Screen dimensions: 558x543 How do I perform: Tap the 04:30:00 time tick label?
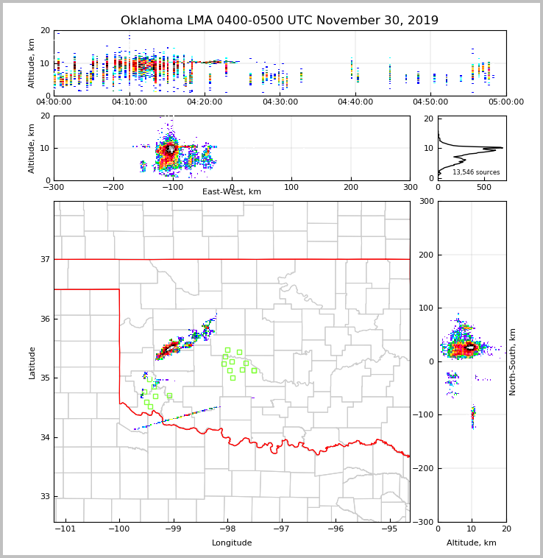pos(280,102)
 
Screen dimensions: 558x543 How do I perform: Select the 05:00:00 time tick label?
pos(505,102)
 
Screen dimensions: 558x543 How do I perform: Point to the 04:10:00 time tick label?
pos(129,102)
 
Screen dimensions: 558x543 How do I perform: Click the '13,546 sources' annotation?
pos(475,172)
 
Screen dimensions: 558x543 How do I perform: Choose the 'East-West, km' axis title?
pos(232,192)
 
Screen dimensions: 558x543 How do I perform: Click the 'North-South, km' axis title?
pos(513,361)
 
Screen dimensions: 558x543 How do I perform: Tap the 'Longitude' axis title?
pos(232,543)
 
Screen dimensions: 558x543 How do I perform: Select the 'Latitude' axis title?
pos(32,362)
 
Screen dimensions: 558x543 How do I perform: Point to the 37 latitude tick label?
pos(45,259)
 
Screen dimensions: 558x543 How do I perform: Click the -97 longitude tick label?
pos(281,529)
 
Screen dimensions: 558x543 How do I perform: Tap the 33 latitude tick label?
pos(45,497)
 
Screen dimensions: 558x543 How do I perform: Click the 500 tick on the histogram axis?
pos(483,187)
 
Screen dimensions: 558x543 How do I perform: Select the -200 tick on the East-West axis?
pos(113,187)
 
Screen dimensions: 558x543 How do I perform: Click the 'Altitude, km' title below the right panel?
pos(472,543)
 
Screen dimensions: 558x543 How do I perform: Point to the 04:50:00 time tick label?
pos(430,102)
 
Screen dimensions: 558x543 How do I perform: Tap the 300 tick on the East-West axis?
pos(410,187)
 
